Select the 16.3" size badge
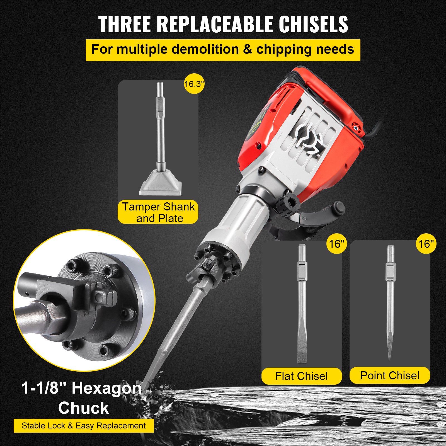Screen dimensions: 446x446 point(194,84)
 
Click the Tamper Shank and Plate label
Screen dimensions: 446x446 point(158,212)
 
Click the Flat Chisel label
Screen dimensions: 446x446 point(301,376)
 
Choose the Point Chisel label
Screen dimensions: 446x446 point(390,375)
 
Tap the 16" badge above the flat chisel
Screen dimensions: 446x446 point(337,244)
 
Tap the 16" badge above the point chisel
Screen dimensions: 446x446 point(426,244)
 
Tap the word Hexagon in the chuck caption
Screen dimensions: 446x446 point(107,388)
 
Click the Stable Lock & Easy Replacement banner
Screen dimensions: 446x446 point(84,426)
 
